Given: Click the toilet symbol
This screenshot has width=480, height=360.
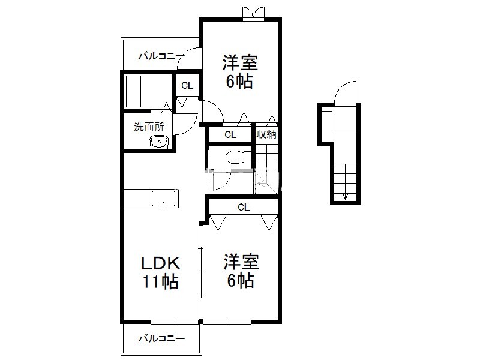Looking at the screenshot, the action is (238, 158).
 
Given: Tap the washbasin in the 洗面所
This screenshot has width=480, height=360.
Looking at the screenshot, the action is (159, 142).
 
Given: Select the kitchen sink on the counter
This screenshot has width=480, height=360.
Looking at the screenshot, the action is (164, 199).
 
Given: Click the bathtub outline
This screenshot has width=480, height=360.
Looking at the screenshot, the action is (133, 91).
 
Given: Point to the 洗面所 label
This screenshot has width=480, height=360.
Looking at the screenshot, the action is (149, 127).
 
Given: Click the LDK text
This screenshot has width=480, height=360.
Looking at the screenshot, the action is (160, 263).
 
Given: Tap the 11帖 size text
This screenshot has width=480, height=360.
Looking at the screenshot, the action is (160, 281).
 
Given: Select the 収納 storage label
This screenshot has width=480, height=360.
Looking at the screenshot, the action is (266, 134).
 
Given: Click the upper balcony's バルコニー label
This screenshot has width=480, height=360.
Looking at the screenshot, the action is (161, 56).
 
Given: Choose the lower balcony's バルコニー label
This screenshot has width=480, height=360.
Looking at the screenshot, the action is (161, 338).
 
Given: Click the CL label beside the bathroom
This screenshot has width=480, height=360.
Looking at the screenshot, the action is (187, 85).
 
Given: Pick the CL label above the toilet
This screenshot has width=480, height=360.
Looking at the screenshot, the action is (230, 134).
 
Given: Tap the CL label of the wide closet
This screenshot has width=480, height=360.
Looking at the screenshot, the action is (244, 207).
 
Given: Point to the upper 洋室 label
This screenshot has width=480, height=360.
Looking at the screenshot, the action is (240, 63).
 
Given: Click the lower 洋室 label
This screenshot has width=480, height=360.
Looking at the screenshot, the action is (241, 262).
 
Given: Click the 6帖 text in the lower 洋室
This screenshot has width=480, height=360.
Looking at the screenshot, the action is (241, 280).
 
